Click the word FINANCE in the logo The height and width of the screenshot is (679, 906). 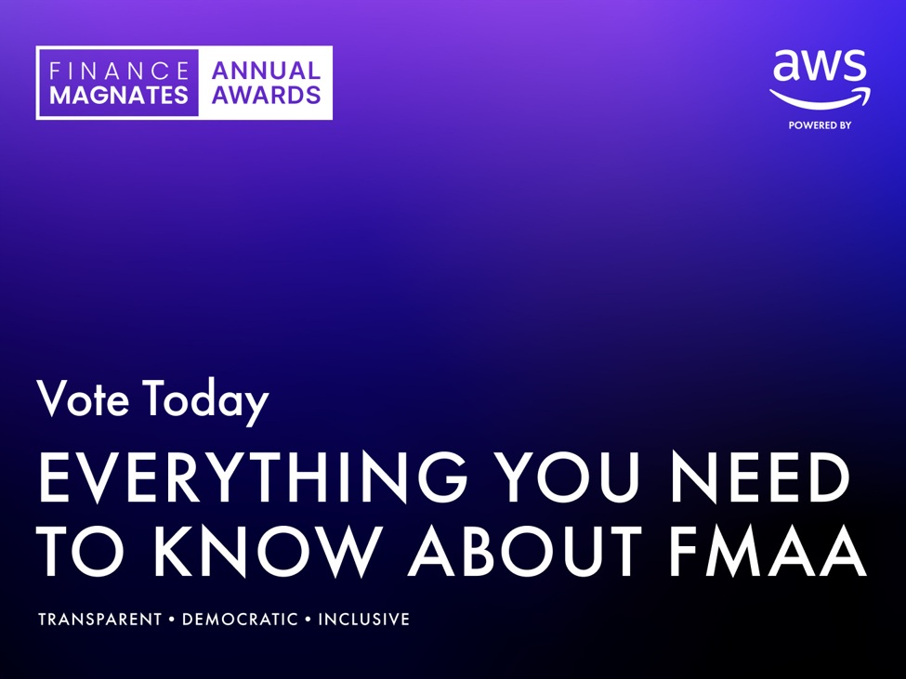[119, 71]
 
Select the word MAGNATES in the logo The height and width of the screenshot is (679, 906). [119, 95]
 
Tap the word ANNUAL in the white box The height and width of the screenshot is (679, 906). [266, 71]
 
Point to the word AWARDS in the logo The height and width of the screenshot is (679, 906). [266, 95]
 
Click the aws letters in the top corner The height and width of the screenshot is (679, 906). [820, 67]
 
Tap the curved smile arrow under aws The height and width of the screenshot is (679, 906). [820, 98]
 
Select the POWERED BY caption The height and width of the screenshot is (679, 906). [820, 125]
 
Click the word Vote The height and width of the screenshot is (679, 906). [84, 398]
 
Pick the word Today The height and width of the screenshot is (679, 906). [206, 400]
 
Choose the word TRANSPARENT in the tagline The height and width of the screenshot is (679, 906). [100, 620]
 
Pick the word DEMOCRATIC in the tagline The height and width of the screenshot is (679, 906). [240, 620]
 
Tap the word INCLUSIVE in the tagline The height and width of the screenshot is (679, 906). [364, 620]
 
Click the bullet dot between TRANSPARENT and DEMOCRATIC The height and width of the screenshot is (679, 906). [172, 620]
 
